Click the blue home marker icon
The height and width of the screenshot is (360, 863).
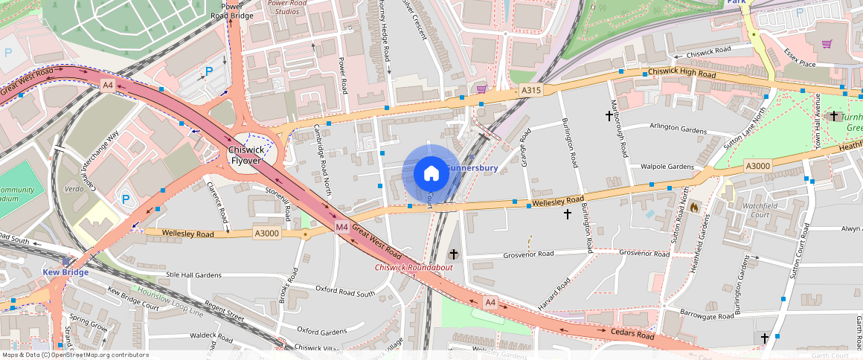(x=431, y=174)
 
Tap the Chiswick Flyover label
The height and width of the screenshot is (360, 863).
(x=246, y=155)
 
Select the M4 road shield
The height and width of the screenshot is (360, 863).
(x=341, y=226)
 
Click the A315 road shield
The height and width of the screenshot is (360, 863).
(x=531, y=90)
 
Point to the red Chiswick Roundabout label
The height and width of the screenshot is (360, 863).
(x=413, y=267)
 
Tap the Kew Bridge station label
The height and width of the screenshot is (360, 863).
(x=65, y=272)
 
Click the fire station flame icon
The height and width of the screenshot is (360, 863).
(x=694, y=206)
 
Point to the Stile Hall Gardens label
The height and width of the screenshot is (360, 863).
(x=193, y=275)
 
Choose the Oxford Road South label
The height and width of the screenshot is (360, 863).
(x=345, y=291)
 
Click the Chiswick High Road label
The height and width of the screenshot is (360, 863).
(x=681, y=74)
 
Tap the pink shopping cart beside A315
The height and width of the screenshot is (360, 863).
(x=481, y=89)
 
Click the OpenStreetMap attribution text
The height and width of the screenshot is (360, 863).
(x=75, y=355)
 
